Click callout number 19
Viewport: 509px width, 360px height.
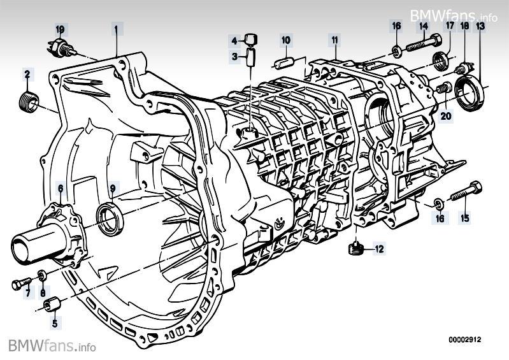coord(60,29)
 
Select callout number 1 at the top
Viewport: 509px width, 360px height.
coord(116,28)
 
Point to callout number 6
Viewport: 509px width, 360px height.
coord(60,188)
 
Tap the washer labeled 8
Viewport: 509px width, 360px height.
coord(42,275)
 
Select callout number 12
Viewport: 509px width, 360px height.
coord(380,249)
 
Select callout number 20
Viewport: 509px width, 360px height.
coord(445,115)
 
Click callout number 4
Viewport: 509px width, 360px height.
coord(234,40)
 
